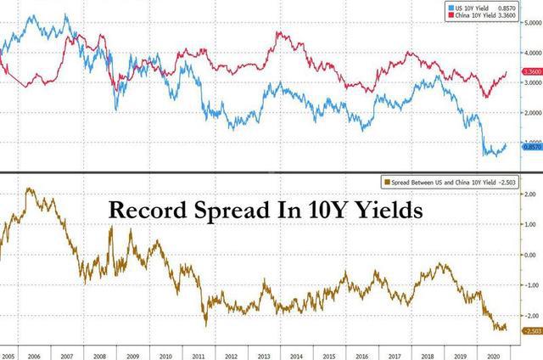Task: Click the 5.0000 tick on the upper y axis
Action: pos(529,24)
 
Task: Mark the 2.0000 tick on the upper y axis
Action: pos(529,113)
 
